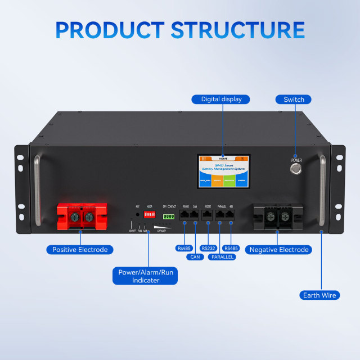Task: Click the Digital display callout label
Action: (x=221, y=100)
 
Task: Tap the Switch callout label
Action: (x=294, y=100)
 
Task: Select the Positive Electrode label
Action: (x=79, y=249)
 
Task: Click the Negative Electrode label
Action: (x=279, y=249)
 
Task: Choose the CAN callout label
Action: (x=195, y=257)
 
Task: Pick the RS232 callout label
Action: (x=209, y=247)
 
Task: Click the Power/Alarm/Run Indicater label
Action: (x=146, y=276)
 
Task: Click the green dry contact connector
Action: (x=169, y=216)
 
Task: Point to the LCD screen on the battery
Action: (x=223, y=172)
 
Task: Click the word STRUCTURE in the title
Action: (x=238, y=29)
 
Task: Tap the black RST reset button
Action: (x=137, y=214)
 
